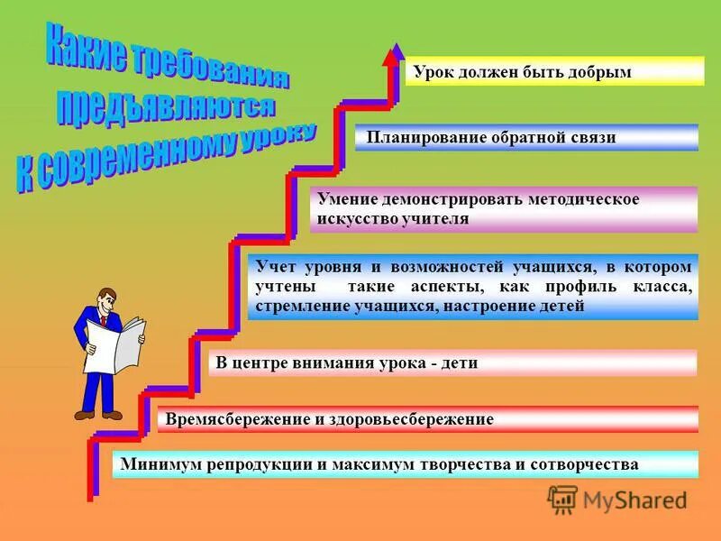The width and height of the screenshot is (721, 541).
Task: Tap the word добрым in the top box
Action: point(599,72)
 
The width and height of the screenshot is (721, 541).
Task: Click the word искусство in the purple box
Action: point(356,218)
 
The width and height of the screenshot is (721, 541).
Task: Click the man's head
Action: point(106,297)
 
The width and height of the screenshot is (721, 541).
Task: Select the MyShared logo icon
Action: point(562,500)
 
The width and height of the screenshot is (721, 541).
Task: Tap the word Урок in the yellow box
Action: point(434,72)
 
